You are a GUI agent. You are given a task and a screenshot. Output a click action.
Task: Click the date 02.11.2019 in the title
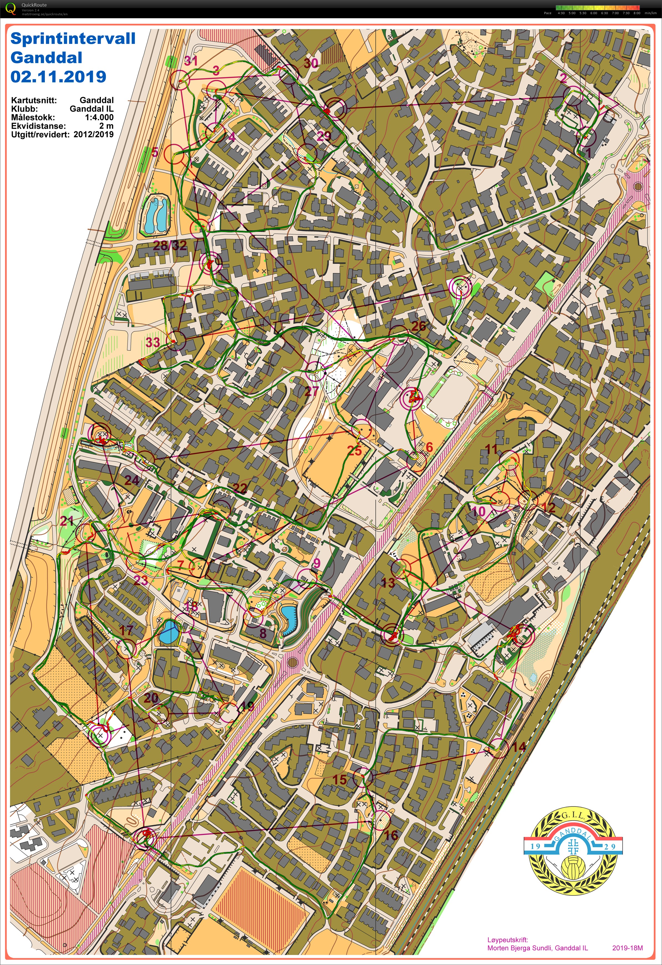coord(58,77)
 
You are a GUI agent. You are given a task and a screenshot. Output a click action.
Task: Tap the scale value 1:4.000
coord(99,117)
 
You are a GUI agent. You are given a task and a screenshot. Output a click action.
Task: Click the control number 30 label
coord(311,63)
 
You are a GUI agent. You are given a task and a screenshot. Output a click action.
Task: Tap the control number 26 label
coord(418,326)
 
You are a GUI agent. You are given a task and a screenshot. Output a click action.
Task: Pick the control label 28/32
coord(170,245)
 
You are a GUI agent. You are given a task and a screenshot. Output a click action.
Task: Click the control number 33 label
coord(153,342)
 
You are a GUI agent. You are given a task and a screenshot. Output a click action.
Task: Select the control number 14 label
coord(519,747)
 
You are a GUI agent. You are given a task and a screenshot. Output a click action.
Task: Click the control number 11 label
coord(491,449)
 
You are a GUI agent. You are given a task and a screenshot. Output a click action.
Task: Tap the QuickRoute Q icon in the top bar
coord(11,8)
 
